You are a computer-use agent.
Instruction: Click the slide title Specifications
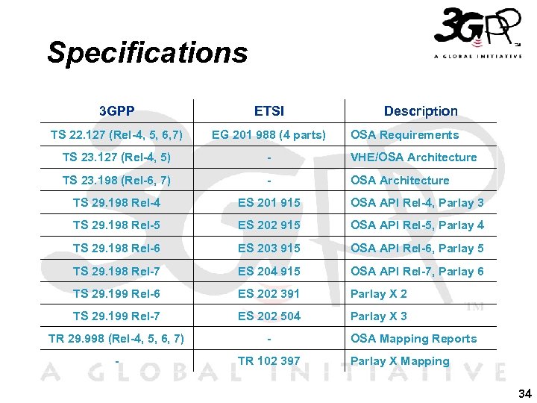click(x=147, y=53)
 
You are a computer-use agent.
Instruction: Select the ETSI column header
click(x=268, y=111)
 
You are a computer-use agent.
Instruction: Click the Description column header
click(x=421, y=111)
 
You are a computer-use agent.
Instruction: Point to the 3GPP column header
click(x=117, y=111)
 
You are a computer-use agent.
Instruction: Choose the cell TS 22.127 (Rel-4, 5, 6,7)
click(x=116, y=135)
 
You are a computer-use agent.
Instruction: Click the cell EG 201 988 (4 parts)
click(x=268, y=135)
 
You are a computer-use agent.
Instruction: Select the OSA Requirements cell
click(x=404, y=135)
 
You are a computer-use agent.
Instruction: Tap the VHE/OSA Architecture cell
click(x=413, y=157)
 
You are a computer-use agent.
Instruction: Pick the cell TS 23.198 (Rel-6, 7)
click(x=116, y=181)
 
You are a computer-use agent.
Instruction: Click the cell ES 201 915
click(x=268, y=203)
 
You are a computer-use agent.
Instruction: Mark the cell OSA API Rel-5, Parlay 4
click(x=417, y=225)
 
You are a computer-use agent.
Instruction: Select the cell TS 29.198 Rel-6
click(x=116, y=249)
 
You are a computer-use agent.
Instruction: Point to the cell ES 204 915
click(x=268, y=272)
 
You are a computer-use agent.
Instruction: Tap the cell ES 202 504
click(x=268, y=316)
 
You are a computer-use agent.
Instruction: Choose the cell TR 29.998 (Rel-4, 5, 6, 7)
click(x=116, y=339)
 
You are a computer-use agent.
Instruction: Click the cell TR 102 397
click(x=268, y=361)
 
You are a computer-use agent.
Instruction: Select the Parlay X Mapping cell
click(x=400, y=361)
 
